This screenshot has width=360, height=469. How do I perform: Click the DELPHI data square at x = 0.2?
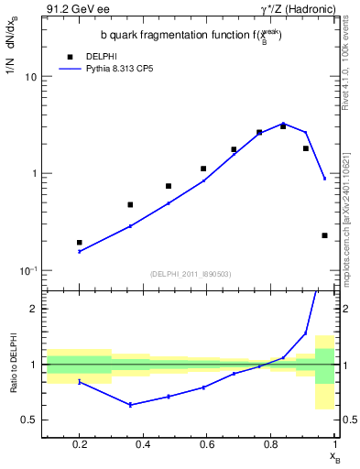(80, 243)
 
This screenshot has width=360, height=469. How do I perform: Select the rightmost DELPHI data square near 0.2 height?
(324, 235)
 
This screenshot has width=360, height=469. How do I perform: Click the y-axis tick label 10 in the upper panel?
(30, 77)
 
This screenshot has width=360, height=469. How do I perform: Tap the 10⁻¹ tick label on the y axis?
(27, 269)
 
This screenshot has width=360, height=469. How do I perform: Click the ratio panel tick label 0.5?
(29, 420)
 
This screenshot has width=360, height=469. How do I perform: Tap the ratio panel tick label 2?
(33, 309)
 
